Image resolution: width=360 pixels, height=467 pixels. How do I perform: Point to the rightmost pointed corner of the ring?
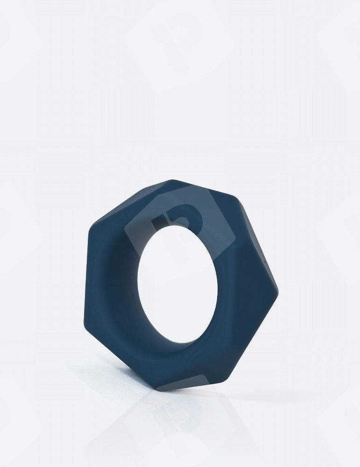click(x=278, y=293)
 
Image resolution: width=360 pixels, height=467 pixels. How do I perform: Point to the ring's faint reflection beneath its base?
click(x=163, y=420)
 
